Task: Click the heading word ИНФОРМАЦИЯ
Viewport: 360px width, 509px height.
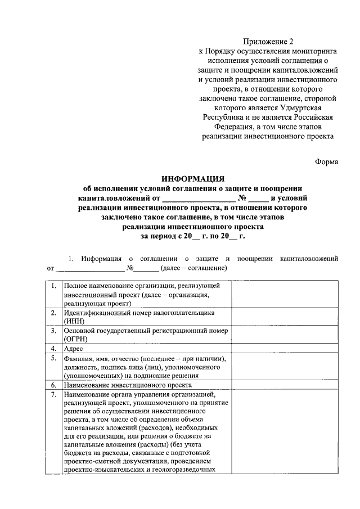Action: (192, 178)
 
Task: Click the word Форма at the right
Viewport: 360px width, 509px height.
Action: (326, 161)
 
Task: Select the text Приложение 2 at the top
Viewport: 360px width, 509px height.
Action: (268, 41)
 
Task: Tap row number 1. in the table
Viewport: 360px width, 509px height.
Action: (52, 286)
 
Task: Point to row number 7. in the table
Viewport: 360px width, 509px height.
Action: (52, 396)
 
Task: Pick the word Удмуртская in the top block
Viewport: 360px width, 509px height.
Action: (307, 107)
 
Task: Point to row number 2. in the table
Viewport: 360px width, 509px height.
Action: (52, 312)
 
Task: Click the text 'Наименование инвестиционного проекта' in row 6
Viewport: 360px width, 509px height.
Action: (128, 385)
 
